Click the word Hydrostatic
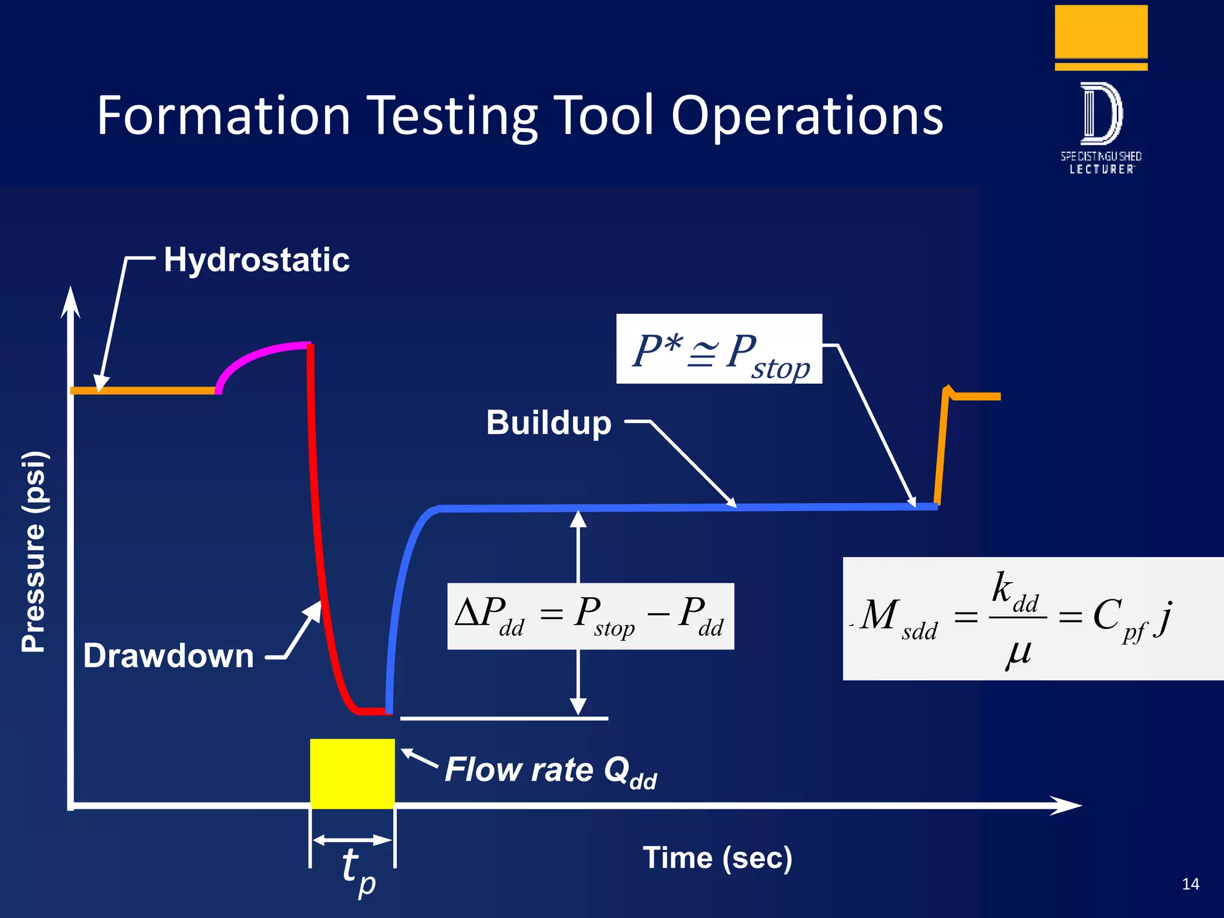coord(256,260)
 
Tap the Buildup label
coord(549,423)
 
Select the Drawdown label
coord(169,656)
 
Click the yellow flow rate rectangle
coord(352,773)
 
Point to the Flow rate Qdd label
coord(550,770)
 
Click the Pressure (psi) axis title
coord(34,551)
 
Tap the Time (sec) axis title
coord(717,858)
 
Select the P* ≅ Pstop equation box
coord(719,349)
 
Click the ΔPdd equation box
coord(590,616)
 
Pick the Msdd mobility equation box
coord(1033,619)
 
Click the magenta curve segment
coord(257,356)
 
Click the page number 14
coord(1190,884)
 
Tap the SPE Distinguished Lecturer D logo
coord(1101,114)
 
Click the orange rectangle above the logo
coord(1101,32)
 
